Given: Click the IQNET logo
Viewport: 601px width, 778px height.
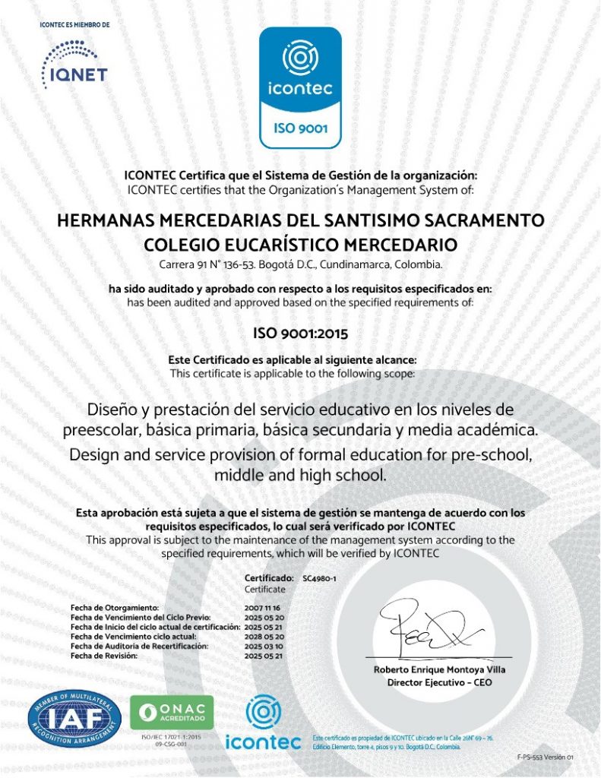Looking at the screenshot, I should (74, 63).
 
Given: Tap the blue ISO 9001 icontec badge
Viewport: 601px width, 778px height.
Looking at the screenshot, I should (301, 87).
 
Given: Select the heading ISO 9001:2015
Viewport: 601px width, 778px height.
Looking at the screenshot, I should (300, 333).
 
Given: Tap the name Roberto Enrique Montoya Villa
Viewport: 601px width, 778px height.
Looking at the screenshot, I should (439, 669).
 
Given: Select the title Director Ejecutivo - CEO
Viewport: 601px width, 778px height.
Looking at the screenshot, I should (439, 682).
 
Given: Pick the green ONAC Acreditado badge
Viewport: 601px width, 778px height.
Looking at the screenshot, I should (172, 713).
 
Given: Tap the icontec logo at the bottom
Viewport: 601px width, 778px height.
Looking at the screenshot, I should (264, 726).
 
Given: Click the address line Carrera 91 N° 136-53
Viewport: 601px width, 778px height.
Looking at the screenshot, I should (300, 265).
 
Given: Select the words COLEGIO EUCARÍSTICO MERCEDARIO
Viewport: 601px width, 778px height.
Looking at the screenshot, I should (300, 245).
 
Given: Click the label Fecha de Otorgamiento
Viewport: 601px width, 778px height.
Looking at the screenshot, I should (114, 609).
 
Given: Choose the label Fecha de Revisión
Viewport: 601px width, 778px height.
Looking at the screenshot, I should (103, 655).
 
